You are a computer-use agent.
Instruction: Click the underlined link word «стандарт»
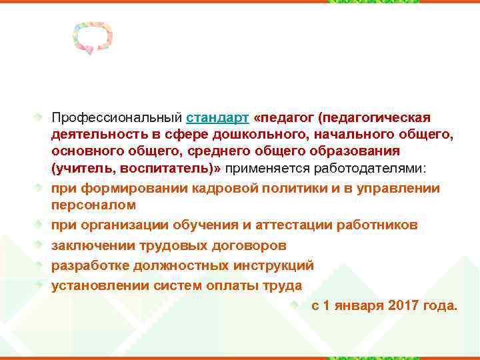pos(218,118)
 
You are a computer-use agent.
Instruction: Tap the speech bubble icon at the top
pos(93,39)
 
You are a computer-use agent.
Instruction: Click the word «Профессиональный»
pos(117,118)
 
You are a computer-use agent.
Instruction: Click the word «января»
pos(353,306)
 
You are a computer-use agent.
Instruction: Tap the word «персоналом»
pos(94,205)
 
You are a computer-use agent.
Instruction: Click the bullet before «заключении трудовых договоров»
pos(39,245)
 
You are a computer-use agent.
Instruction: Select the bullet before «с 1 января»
pos(297,305)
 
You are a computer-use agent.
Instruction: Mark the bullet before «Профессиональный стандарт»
pos(39,117)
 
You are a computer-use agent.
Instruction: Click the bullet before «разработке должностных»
pos(39,265)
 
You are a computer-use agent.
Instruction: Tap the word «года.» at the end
pos(440,306)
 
